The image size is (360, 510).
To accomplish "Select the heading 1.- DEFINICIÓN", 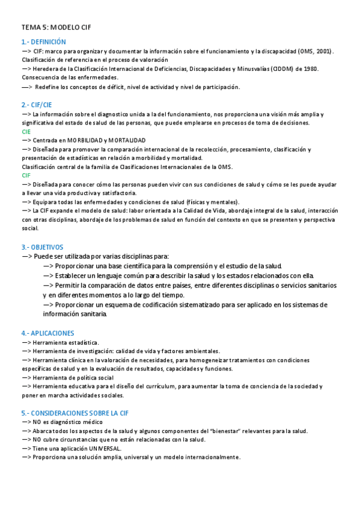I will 43,42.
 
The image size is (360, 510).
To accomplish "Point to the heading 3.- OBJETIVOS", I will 42,247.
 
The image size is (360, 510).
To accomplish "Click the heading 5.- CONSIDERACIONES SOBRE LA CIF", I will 75,413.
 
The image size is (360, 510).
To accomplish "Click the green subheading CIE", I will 26,131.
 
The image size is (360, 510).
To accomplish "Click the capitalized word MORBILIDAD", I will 87,140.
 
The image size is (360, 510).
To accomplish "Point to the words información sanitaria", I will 75,314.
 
